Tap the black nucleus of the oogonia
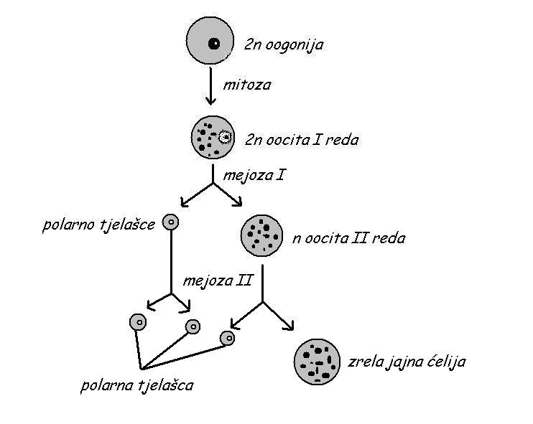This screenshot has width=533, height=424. point(214,44)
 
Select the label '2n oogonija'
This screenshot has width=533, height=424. point(284,45)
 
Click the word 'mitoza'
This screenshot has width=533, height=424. point(247,85)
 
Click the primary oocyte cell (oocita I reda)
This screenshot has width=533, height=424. point(213,137)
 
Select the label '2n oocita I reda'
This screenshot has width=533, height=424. point(302,140)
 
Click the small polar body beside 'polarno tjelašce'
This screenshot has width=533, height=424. point(170,222)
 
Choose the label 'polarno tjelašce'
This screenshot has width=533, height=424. point(99,225)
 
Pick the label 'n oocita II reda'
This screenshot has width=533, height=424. point(348,237)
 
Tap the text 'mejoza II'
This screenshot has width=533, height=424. point(218,281)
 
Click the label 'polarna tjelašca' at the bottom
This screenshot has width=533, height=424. point(137,386)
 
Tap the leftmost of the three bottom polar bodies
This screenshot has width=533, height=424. point(138,322)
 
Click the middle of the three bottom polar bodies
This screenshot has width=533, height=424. point(193,327)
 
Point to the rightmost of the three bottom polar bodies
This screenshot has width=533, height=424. point(228,338)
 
